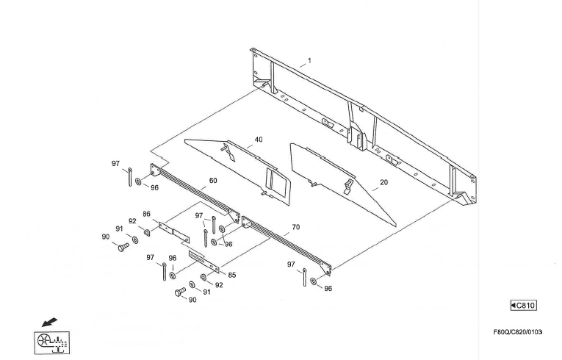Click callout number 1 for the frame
pos(309,60)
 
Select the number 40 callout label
pos(259,140)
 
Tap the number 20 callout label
pos(384,182)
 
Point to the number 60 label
pos(213,180)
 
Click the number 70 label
pos(296,227)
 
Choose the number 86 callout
pos(147,214)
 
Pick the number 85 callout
pos(232,275)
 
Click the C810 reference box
pos(524,306)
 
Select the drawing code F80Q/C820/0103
pos(518,331)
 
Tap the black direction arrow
pos(49,322)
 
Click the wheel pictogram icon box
pos(52,342)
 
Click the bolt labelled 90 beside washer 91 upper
pos(123,247)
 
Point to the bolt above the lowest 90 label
pos(180,292)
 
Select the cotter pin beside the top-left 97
pos(130,177)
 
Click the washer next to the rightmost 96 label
pos(314,281)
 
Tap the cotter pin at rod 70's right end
pos(304,277)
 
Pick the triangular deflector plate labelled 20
pos(343,184)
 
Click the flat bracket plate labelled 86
pos(174,232)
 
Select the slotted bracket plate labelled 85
pos(203,262)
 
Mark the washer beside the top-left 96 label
pos(138,181)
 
